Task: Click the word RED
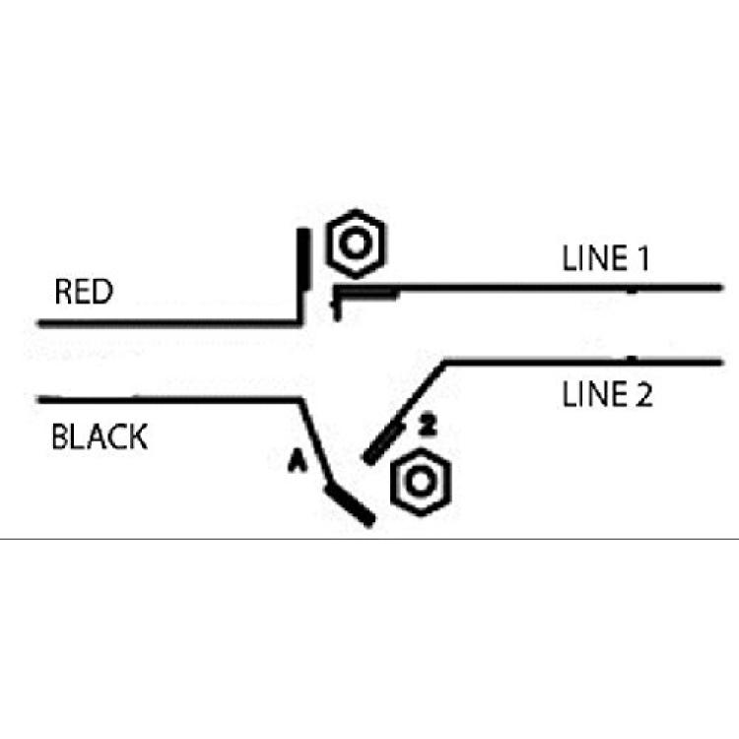[84, 292]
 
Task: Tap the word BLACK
[100, 437]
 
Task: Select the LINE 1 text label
[606, 258]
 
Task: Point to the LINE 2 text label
[608, 394]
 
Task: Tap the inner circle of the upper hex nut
[356, 243]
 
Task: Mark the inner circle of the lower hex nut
[421, 482]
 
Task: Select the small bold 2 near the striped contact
[427, 426]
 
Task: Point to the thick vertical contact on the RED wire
[303, 259]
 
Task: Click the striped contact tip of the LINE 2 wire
[383, 443]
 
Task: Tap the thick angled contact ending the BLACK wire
[350, 505]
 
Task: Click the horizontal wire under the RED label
[169, 323]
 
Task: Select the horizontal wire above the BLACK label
[169, 400]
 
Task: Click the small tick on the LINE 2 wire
[632, 359]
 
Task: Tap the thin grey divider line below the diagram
[369, 538]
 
